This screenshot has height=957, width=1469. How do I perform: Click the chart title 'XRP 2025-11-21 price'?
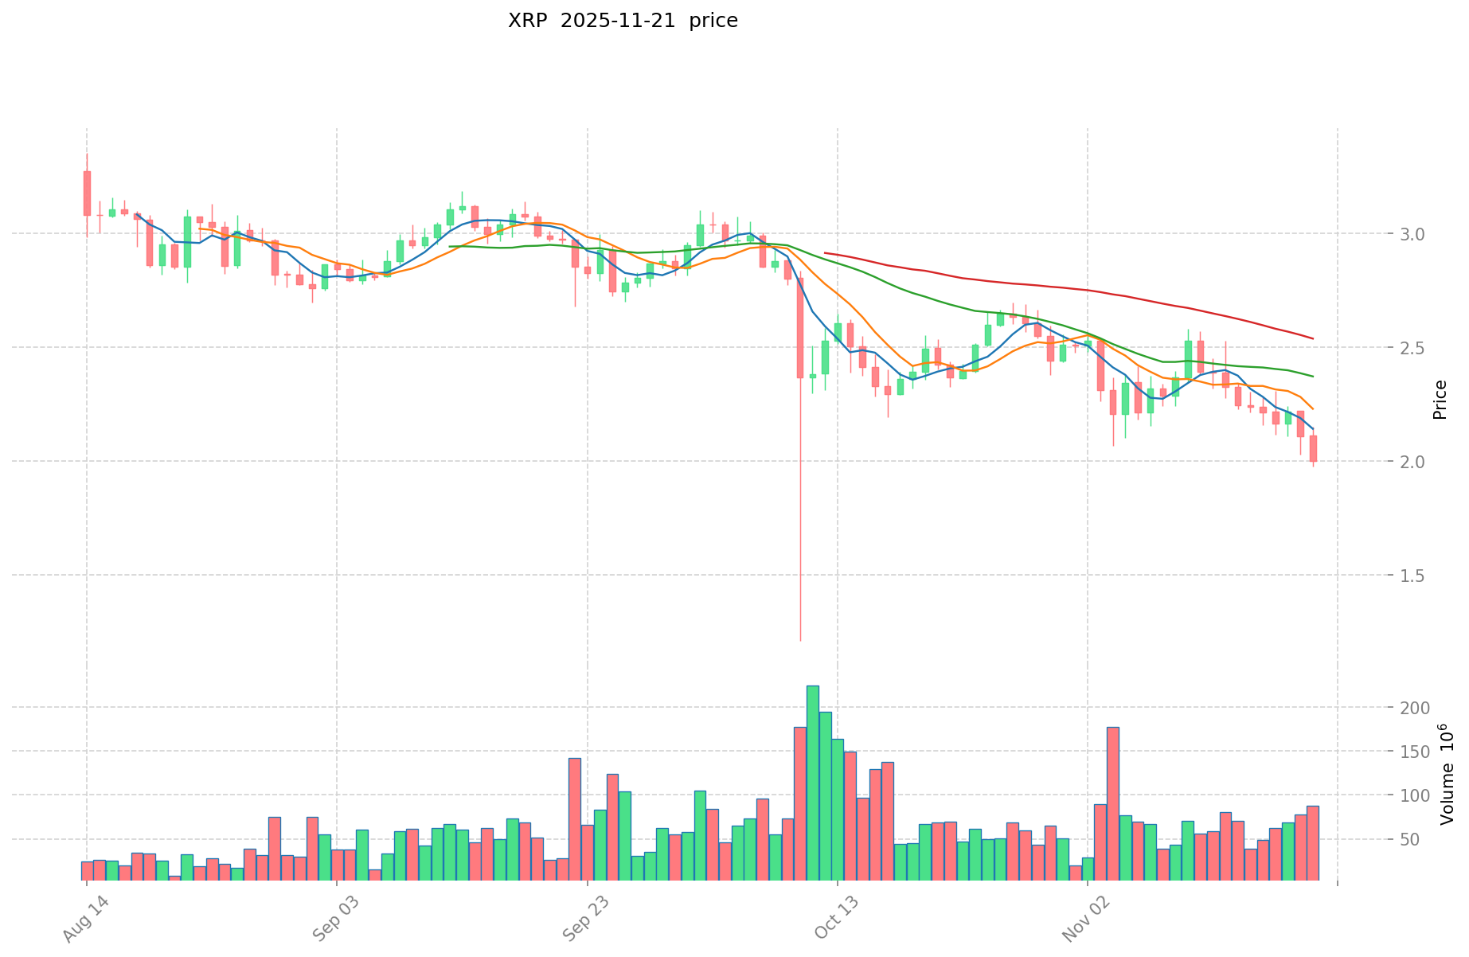[623, 21]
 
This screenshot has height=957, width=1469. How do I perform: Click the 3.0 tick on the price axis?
[1372, 234]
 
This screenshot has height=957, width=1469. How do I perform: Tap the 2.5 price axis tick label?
[1372, 348]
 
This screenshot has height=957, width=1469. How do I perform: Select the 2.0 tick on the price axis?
[1372, 462]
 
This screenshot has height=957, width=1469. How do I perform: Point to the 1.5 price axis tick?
[1372, 576]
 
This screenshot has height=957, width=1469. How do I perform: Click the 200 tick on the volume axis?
[1370, 708]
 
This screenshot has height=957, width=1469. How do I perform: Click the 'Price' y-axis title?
[1440, 399]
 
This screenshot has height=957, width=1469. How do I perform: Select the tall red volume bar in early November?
[1112, 803]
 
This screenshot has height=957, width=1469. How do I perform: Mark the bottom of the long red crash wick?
[800, 639]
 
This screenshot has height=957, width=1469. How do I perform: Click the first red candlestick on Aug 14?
[87, 193]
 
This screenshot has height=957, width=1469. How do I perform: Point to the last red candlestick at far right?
[1313, 448]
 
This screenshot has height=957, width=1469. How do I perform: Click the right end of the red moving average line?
[1312, 338]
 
